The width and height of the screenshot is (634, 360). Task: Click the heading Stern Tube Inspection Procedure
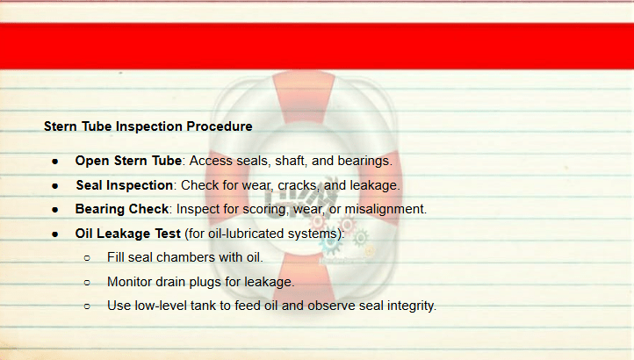148,126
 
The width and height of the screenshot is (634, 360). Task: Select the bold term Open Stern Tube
128,161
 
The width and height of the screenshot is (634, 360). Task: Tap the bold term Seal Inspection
125,185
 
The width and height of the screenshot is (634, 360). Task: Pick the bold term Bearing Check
122,209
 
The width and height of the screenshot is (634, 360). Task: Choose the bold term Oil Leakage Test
128,234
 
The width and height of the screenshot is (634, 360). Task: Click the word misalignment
385,210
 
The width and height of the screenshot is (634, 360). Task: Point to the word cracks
297,185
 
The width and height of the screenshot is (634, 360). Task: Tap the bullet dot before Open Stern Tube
55,162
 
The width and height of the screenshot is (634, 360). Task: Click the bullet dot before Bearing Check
55,210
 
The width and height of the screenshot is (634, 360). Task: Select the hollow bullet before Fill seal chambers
87,258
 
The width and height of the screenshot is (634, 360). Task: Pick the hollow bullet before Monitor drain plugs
87,283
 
